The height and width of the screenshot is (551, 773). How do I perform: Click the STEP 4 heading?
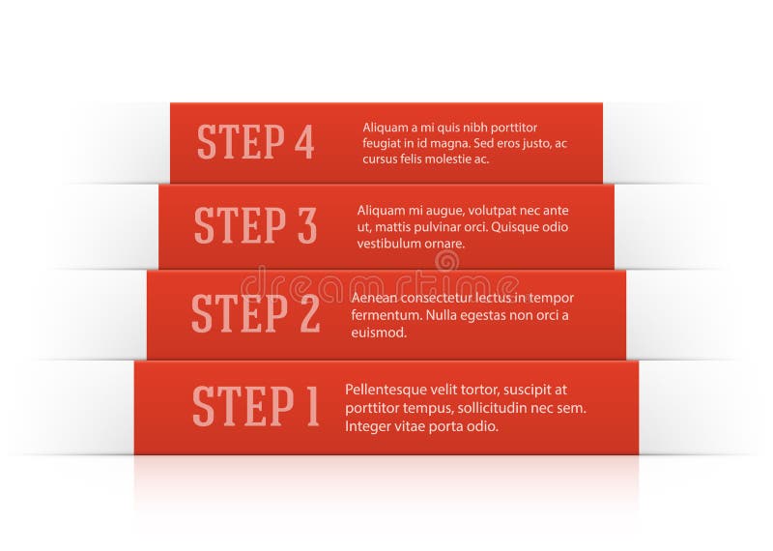(x=255, y=142)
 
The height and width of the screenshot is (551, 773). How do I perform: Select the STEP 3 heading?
(x=255, y=225)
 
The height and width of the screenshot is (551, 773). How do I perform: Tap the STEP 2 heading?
(x=255, y=313)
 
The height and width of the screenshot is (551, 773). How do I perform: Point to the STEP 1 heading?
(x=255, y=405)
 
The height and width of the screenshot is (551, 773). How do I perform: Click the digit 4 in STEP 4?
(x=303, y=142)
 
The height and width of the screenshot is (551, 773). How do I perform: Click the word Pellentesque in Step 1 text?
(x=385, y=390)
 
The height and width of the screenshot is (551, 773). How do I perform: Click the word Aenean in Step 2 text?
(x=373, y=298)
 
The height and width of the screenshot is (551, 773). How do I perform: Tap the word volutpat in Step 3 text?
(x=468, y=210)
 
